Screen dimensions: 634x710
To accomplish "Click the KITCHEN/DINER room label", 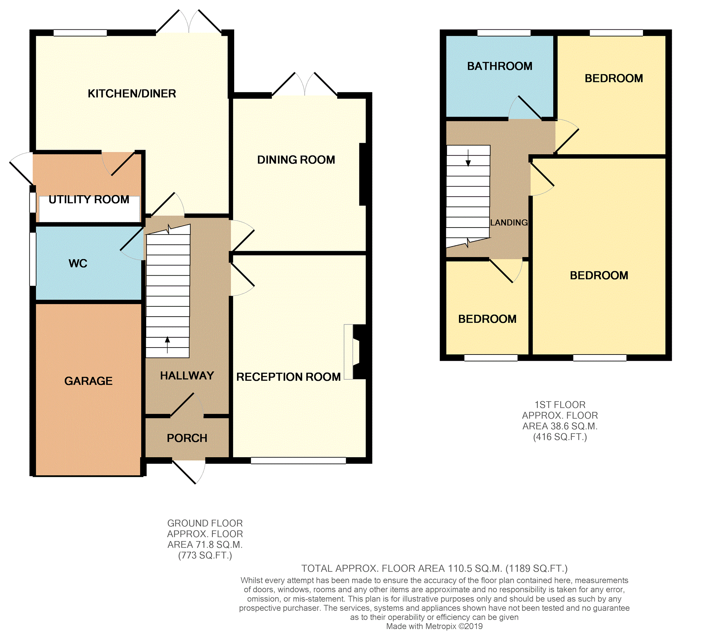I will pyautogui.click(x=132, y=94).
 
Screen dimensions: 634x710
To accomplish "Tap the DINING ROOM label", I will pyautogui.click(x=296, y=160).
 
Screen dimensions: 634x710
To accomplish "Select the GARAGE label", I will pyautogui.click(x=88, y=381).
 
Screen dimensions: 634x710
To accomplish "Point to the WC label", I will pyautogui.click(x=78, y=263).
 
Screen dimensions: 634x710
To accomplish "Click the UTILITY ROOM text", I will pyautogui.click(x=89, y=200).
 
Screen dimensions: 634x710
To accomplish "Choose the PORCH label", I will pyautogui.click(x=187, y=438).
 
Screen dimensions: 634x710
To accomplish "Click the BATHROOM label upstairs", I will pyautogui.click(x=500, y=66).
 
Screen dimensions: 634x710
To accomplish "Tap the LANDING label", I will pyautogui.click(x=509, y=223).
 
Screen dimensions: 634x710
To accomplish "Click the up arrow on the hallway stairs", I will pyautogui.click(x=168, y=344).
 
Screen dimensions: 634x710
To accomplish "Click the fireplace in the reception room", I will pyautogui.click(x=354, y=352).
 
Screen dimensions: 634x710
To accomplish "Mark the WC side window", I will pyautogui.click(x=33, y=259).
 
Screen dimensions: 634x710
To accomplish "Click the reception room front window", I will pyautogui.click(x=298, y=461).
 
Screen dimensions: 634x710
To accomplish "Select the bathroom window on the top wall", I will pyautogui.click(x=504, y=33).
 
